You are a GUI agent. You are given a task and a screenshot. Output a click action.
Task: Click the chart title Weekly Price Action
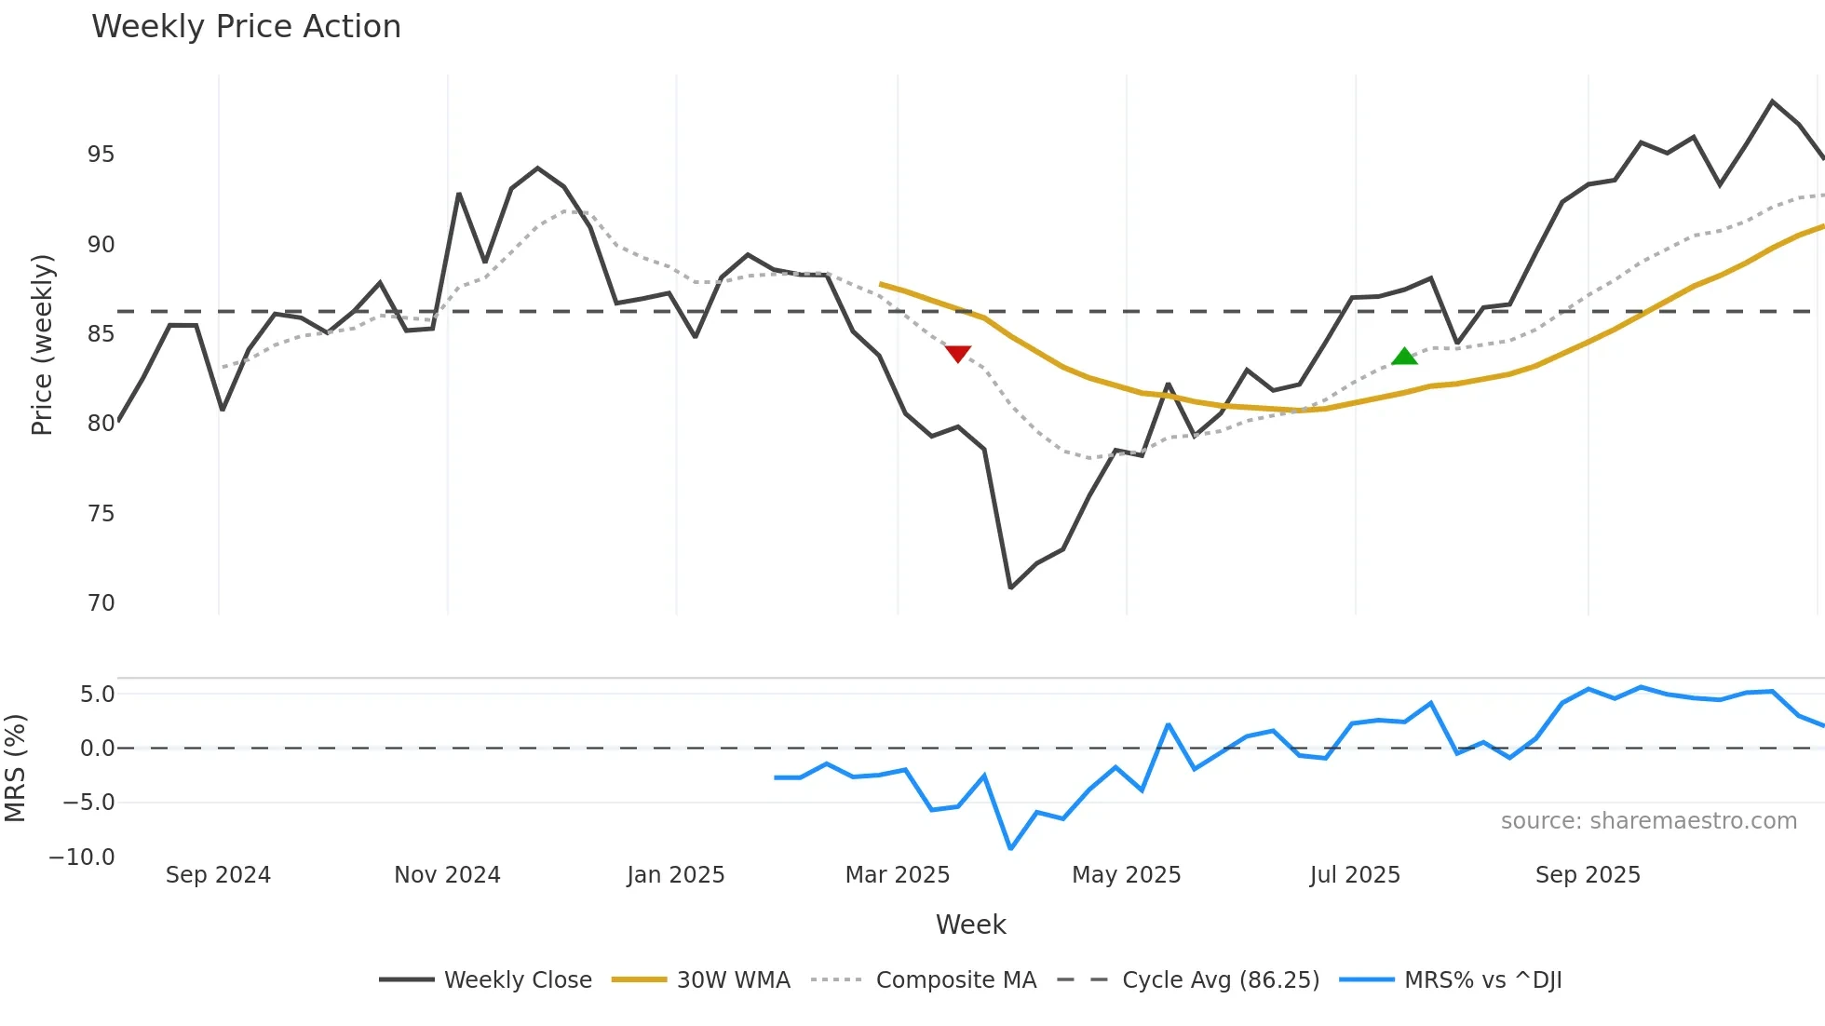246,27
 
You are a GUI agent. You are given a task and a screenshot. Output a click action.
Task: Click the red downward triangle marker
957,354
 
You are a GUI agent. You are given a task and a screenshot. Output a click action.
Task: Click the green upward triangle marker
1404,356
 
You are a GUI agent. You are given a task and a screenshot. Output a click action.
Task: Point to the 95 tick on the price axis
101,155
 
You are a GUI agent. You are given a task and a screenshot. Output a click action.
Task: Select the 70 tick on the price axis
101,603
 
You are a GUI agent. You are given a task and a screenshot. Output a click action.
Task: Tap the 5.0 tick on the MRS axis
97,695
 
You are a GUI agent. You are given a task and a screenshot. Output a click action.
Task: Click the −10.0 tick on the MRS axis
82,857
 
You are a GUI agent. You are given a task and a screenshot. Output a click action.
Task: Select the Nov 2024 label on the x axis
447,875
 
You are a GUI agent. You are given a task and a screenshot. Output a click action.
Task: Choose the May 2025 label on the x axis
1126,875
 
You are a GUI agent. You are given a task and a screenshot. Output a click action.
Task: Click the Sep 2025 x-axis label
1588,875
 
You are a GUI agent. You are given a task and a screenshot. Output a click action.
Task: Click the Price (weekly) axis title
42,344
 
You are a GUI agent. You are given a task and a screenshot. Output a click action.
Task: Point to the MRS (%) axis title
15,768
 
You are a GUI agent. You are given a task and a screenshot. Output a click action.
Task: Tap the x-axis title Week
970,925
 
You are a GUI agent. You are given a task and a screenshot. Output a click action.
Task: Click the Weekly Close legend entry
517,980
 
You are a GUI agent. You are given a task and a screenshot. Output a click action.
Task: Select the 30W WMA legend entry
733,980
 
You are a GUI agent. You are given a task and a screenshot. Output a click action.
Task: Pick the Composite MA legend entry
955,980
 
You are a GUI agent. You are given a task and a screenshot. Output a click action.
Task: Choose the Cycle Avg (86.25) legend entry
1220,980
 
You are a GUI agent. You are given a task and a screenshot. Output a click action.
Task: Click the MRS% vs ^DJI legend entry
1482,980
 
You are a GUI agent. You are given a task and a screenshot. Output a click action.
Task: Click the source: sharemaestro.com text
1648,821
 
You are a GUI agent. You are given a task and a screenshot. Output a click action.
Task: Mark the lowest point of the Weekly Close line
1010,587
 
